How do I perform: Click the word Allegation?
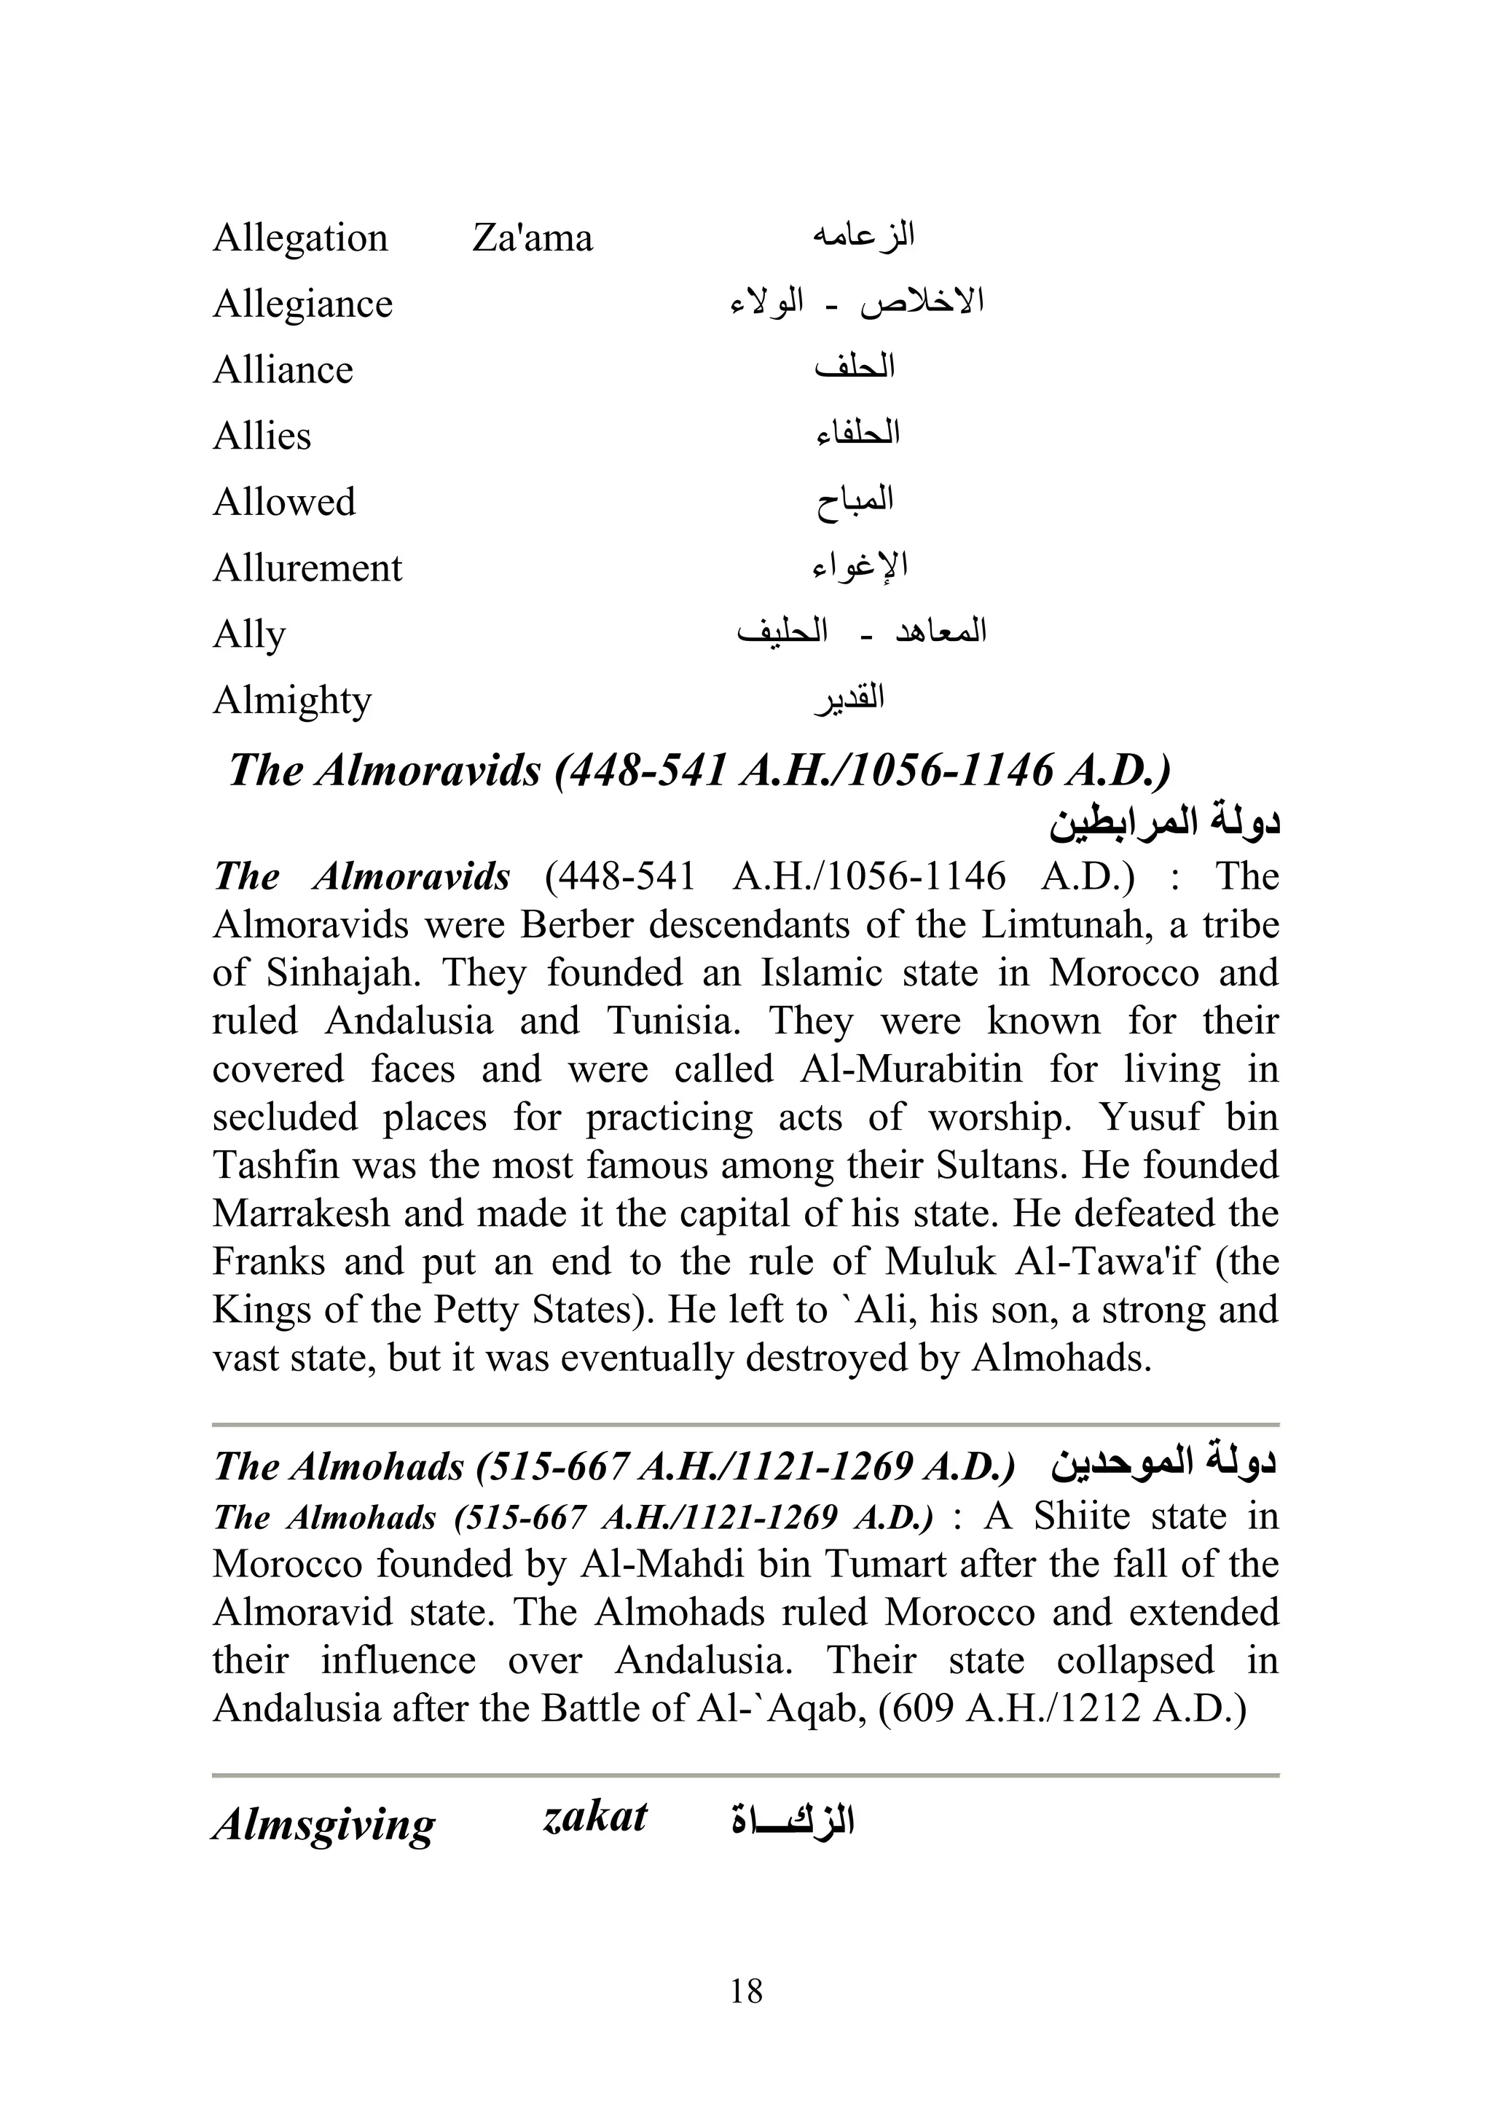pyautogui.click(x=300, y=239)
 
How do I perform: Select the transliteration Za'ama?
pyautogui.click(x=532, y=238)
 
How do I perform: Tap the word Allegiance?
pyautogui.click(x=303, y=304)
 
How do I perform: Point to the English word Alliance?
pyautogui.click(x=283, y=370)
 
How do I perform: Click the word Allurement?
pyautogui.click(x=307, y=568)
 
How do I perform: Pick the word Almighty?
pyautogui.click(x=291, y=701)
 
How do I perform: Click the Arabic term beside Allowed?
pyautogui.click(x=855, y=501)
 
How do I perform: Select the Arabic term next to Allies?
pyautogui.click(x=857, y=433)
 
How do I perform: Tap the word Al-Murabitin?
pyautogui.click(x=911, y=1069)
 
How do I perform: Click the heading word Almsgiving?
pyautogui.click(x=323, y=1825)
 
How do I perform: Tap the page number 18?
pyautogui.click(x=746, y=1991)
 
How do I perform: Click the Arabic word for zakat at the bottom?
pyautogui.click(x=792, y=1822)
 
